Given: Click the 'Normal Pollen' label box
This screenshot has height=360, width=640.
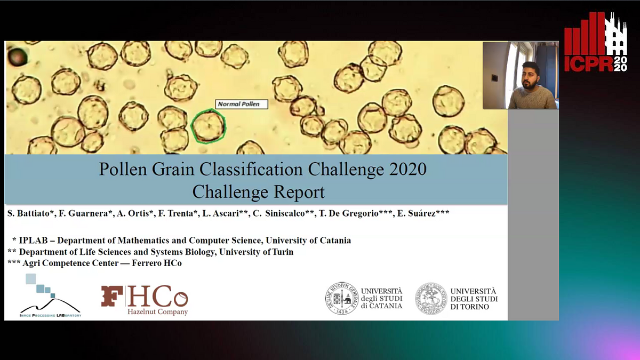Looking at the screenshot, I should coord(242,104).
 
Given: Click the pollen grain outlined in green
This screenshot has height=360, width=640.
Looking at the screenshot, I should coord(209,126).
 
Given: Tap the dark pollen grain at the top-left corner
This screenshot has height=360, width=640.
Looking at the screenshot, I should coord(18,55).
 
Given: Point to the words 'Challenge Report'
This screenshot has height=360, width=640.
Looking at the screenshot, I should coord(258,191).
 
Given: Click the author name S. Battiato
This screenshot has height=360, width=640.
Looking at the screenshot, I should coord(29,213).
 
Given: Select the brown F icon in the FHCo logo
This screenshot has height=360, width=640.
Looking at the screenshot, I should coord(112,296).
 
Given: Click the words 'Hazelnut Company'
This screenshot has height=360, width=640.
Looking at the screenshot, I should coord(157,311).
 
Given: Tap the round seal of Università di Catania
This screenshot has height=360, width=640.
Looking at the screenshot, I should coord(341,299).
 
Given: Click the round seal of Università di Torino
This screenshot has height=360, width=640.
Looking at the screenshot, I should coord(431,299).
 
